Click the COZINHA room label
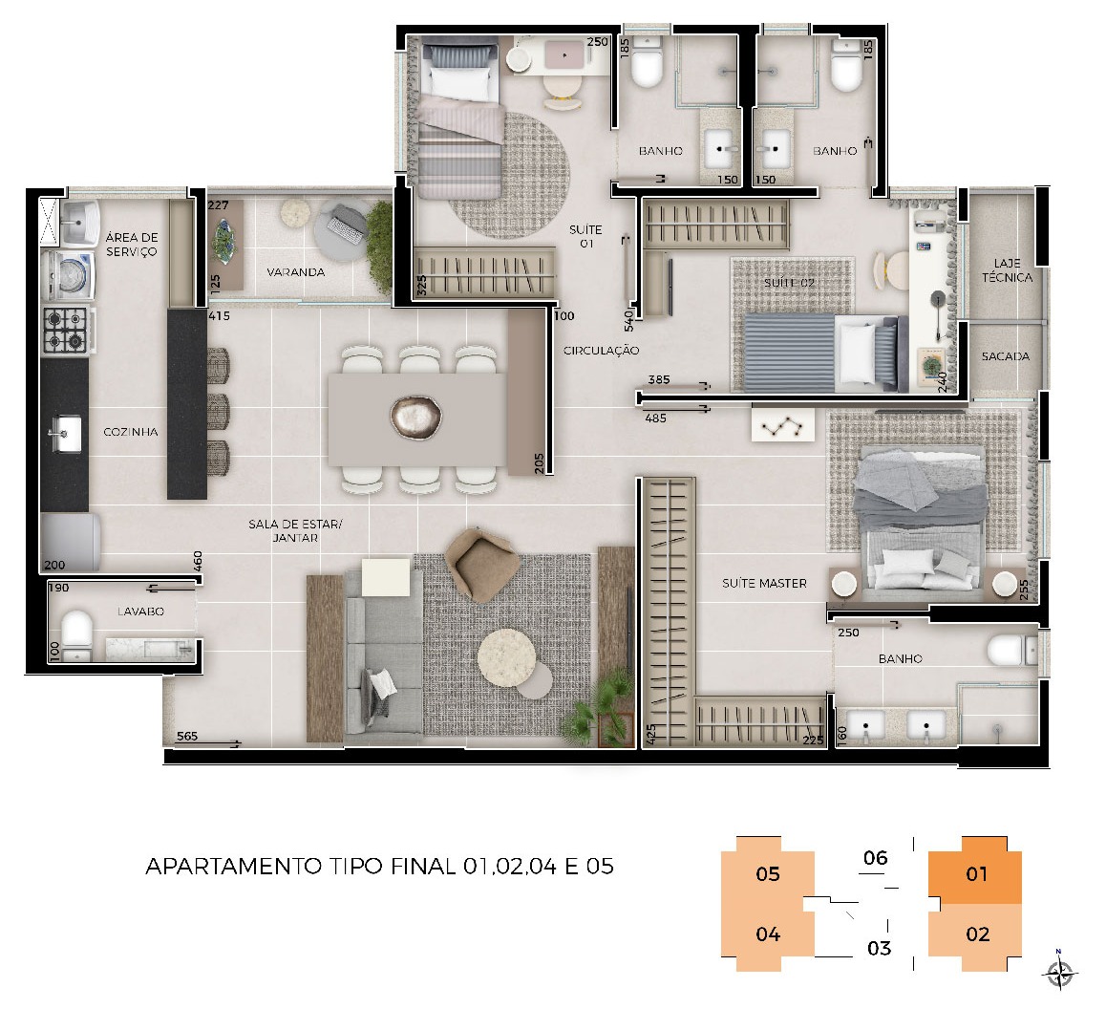click(131, 432)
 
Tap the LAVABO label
click(140, 612)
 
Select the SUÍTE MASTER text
click(764, 584)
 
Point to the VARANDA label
click(295, 271)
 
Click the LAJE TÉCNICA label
click(1008, 270)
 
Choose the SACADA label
click(1005, 356)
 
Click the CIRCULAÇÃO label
click(601, 350)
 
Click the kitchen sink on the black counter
click(63, 433)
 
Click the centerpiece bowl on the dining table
click(416, 418)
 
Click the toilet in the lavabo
click(76, 633)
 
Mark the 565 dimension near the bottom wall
click(187, 736)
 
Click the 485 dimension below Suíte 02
click(655, 418)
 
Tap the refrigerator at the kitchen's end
click(71, 542)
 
